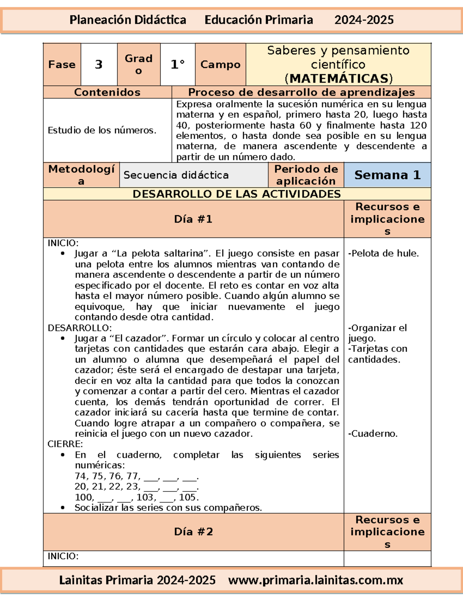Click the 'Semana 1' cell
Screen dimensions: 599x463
387,175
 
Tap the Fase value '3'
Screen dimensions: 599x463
99,64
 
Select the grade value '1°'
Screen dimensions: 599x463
177,64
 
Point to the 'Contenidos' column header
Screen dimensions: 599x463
107,92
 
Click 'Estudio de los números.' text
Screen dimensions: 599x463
102,130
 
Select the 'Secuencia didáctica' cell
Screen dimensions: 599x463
176,175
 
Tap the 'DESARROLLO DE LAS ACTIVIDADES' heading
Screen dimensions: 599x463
237,194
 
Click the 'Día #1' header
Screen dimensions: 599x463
193,219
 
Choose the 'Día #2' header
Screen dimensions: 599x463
193,532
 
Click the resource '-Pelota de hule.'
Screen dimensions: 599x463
384,253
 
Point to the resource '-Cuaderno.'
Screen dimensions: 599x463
373,434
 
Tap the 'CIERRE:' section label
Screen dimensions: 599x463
65,444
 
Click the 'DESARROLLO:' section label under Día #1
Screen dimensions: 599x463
79,328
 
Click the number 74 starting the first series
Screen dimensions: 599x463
81,476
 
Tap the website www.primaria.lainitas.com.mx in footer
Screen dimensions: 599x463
315,580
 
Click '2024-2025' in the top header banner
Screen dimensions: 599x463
364,20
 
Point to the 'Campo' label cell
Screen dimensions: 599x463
220,64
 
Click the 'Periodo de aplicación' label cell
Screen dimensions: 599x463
306,175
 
